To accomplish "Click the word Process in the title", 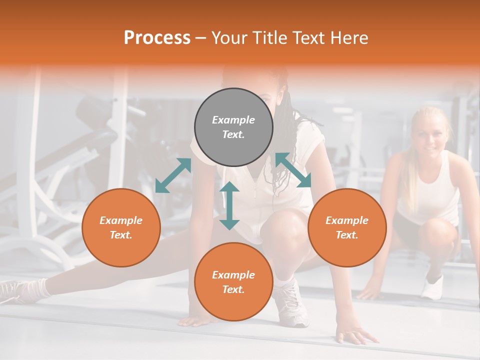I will (157, 38).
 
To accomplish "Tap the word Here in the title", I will (348, 38).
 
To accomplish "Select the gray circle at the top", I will (233, 127).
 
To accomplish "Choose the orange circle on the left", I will (121, 227).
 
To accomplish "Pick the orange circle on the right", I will (347, 227).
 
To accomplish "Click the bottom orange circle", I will (233, 282).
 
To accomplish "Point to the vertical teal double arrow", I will (229, 205).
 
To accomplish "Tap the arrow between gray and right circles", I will (293, 170).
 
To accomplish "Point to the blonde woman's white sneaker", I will (432, 287).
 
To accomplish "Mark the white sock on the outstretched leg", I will (35, 288).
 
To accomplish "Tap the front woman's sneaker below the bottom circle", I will (292, 307).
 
